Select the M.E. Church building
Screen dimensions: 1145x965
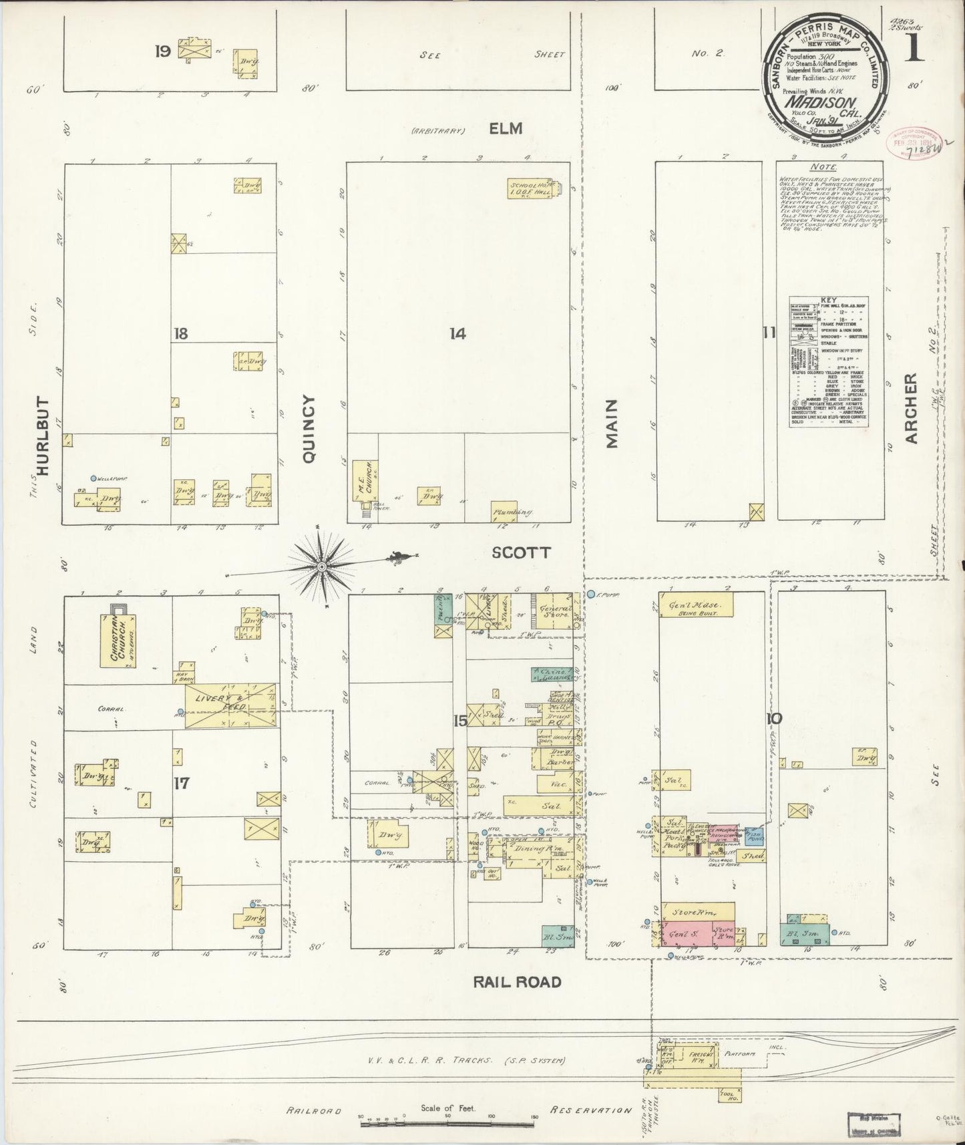click(x=365, y=480)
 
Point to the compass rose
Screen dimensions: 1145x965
click(x=321, y=566)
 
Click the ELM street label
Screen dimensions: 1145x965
click(x=506, y=128)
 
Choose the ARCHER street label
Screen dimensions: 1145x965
click(x=912, y=408)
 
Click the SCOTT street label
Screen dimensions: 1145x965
click(x=521, y=552)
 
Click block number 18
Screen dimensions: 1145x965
click(x=180, y=334)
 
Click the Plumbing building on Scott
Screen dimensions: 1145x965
click(x=512, y=511)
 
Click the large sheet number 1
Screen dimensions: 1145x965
click(x=914, y=49)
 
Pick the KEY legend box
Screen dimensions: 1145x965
click(x=829, y=361)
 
